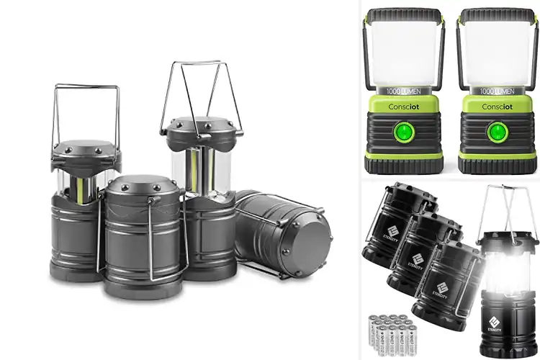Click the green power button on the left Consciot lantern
coord(404,131)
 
